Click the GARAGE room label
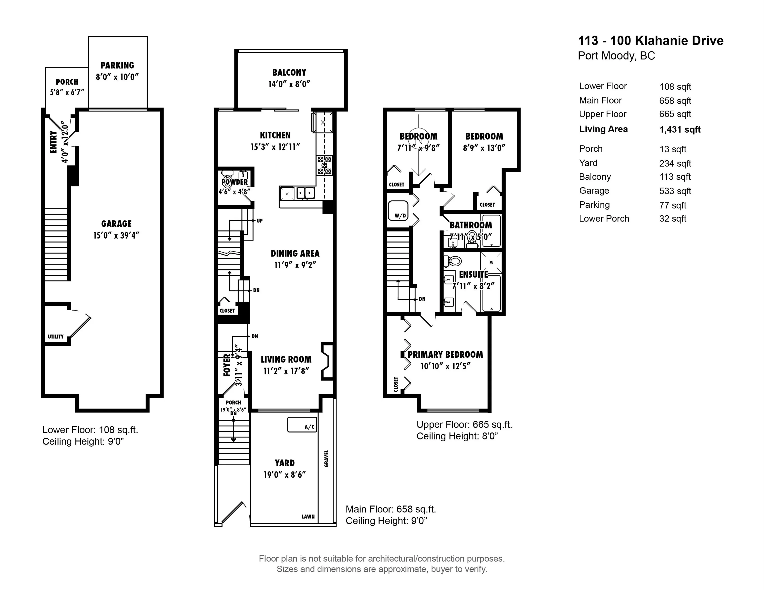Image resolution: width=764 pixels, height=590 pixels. pos(117,224)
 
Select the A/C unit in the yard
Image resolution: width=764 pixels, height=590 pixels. pos(302,424)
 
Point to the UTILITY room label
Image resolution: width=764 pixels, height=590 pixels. pos(56,336)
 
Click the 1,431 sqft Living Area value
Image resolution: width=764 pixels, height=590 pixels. pos(680,130)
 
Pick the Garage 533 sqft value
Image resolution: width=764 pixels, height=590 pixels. pos(675,191)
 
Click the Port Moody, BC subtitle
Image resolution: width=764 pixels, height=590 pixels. pos(616,56)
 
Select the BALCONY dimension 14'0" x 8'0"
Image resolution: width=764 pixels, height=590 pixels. pos(289,84)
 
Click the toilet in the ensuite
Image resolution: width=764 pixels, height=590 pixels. pos(453,261)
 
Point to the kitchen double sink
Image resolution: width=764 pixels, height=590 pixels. pos(305,193)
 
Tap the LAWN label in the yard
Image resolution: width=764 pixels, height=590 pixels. pos(308,517)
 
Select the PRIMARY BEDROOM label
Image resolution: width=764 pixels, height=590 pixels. pos(445,354)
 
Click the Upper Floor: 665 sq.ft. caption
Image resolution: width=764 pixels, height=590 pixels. pos(464,425)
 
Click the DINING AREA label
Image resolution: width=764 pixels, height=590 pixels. pos(295,254)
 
